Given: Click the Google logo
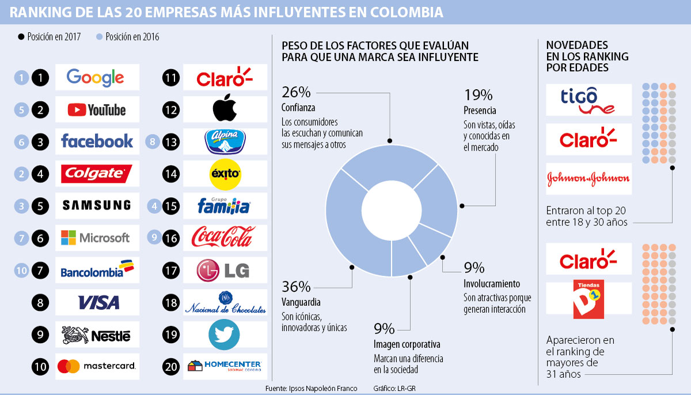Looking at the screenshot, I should (x=96, y=78).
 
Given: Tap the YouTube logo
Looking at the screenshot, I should (x=97, y=110).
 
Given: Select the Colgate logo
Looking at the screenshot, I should (x=97, y=173).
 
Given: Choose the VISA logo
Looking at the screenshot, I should (x=98, y=302).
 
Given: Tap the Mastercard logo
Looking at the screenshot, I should (x=97, y=366).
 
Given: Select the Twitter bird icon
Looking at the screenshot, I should (x=225, y=335).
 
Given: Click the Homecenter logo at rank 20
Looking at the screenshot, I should (x=225, y=366).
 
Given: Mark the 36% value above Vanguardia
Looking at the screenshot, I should (x=296, y=286).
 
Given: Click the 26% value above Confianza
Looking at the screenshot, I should (x=296, y=93).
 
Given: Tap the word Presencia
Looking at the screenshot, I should (x=479, y=110).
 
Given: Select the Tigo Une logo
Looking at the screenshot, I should (x=588, y=100).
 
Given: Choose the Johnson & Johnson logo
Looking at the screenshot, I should (x=588, y=179).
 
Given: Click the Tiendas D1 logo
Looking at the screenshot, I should (x=587, y=298).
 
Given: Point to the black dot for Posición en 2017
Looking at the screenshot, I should (x=21, y=37).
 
